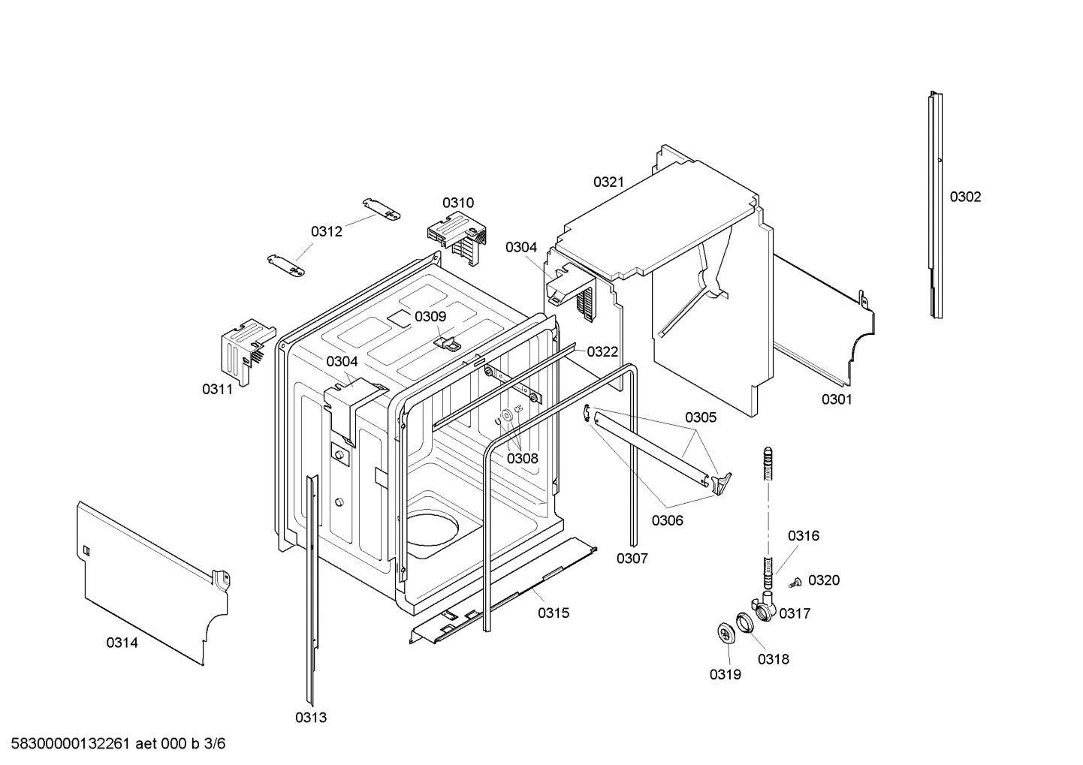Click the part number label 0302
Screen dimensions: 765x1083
coord(965,197)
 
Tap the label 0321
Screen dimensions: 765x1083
coord(608,182)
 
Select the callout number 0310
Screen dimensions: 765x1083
coord(457,203)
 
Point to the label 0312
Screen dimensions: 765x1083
coord(327,231)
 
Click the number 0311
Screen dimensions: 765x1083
coord(217,389)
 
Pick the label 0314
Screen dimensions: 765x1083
coord(122,643)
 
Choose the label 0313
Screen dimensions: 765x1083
coord(311,718)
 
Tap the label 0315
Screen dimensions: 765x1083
coord(554,613)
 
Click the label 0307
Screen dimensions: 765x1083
coord(632,558)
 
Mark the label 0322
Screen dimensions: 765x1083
coord(602,351)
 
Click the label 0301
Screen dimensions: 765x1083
coord(837,399)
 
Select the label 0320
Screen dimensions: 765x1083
coord(825,580)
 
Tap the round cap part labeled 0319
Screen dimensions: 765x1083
coord(726,634)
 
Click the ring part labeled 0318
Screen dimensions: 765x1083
coord(744,622)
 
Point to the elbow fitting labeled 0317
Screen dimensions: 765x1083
coord(763,607)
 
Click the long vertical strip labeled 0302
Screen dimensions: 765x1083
coord(934,203)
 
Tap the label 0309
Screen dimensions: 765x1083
coord(430,317)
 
